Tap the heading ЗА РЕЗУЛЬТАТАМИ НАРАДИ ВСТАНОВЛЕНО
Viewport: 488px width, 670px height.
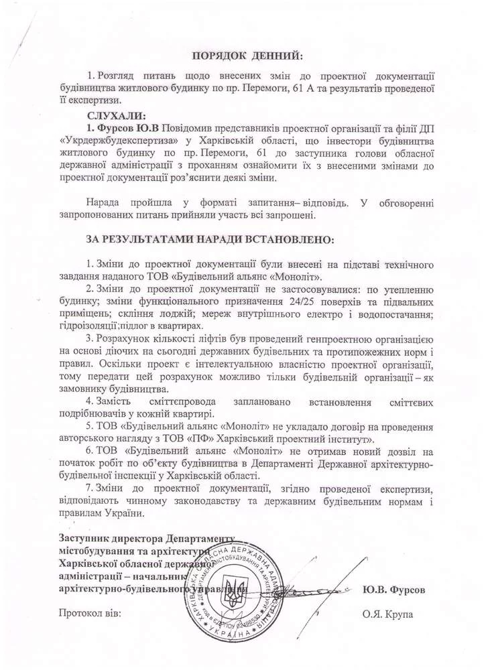[x=208, y=239]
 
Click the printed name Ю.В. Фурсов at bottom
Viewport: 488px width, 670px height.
[x=394, y=590]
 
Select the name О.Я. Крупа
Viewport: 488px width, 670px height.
[x=388, y=614]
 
